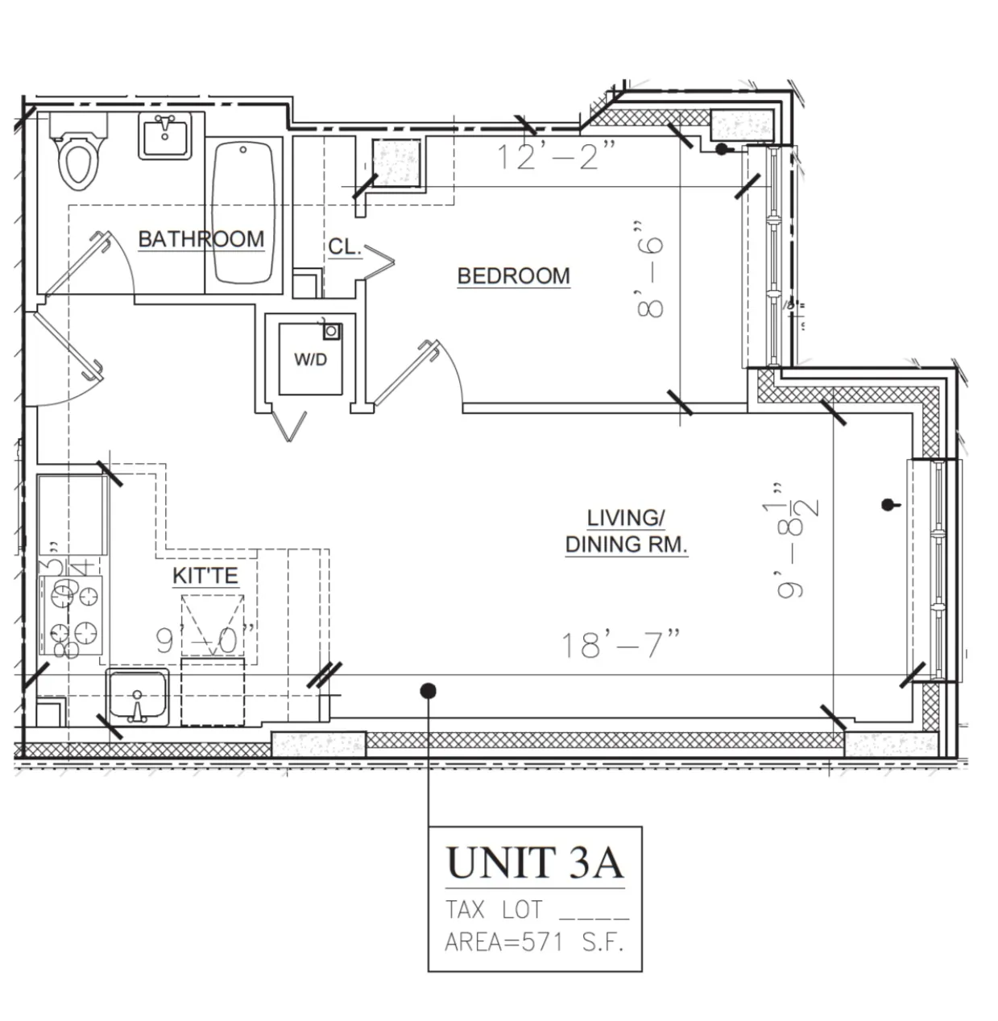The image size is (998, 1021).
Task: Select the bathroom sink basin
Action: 166,134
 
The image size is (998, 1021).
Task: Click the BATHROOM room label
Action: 201,239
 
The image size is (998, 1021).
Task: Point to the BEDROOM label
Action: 513,276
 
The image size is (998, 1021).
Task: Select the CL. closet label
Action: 344,247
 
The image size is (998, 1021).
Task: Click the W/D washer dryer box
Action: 311,359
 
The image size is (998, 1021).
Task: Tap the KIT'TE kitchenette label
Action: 205,576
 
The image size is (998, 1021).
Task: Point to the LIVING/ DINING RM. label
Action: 626,531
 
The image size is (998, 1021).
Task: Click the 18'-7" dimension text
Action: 620,644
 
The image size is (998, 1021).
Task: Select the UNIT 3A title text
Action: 534,862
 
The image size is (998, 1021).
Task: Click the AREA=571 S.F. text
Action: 534,941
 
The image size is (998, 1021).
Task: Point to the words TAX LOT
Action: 495,910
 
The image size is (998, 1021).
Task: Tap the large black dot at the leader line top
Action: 429,690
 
